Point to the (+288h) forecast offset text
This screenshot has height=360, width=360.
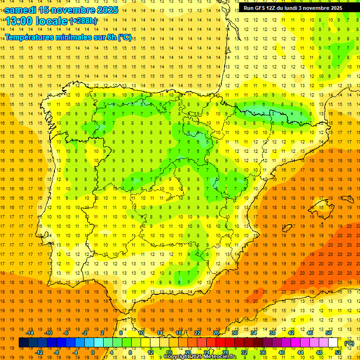click(x=83, y=21)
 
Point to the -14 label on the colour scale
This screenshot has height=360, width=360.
click(x=30, y=333)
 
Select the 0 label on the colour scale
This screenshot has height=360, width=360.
click(x=93, y=352)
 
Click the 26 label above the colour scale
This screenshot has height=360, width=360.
click(x=216, y=333)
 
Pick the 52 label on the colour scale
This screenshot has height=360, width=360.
click(x=338, y=352)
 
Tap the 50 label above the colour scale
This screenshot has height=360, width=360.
click(x=328, y=333)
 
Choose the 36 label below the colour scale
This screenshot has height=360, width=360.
click(x=263, y=352)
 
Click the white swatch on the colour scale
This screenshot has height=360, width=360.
click(x=333, y=343)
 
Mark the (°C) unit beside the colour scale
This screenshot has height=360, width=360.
click(x=349, y=343)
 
